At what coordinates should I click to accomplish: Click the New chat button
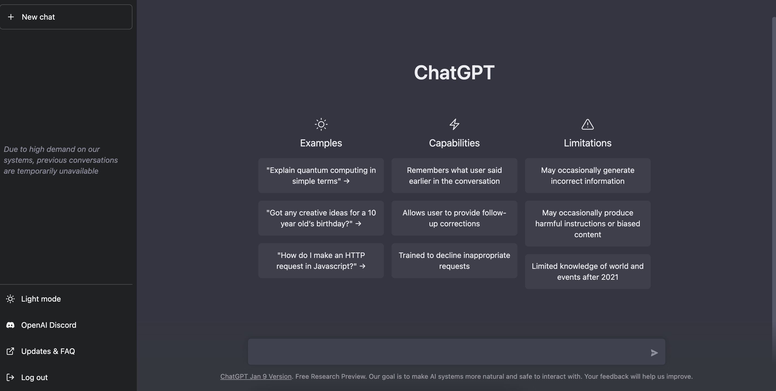(x=66, y=17)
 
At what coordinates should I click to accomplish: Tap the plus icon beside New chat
(x=11, y=17)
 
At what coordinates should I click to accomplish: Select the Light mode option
(x=41, y=299)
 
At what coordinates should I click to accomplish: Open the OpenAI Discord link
(x=48, y=325)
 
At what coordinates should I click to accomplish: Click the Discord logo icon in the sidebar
(x=10, y=325)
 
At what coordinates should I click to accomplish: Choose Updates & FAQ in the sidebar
(x=48, y=351)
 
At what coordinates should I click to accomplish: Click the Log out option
(x=34, y=377)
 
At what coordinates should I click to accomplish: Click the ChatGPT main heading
(x=454, y=72)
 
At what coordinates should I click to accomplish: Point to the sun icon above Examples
(x=321, y=124)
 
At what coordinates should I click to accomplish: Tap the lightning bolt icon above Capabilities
(x=454, y=124)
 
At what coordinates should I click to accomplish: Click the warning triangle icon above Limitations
(x=587, y=124)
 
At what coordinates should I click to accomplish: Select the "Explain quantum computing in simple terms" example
(x=321, y=175)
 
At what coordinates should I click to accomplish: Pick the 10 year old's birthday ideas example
(x=321, y=218)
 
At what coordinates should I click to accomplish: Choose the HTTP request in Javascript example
(x=321, y=260)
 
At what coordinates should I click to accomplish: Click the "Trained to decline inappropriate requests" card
(x=454, y=260)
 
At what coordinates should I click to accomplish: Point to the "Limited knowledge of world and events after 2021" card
(x=587, y=271)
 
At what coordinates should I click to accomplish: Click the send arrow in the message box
(x=654, y=353)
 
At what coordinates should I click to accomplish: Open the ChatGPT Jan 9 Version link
(x=256, y=377)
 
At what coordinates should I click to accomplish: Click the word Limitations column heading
(x=587, y=143)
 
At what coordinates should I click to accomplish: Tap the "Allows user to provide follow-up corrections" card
(x=454, y=218)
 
